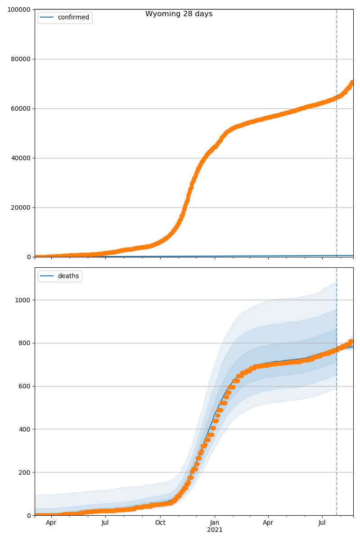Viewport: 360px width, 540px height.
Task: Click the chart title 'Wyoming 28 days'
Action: tap(179, 14)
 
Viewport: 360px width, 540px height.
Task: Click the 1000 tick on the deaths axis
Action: tap(23, 300)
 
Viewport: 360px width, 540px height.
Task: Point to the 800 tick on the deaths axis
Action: tap(25, 343)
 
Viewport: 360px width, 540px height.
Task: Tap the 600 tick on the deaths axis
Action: tap(25, 386)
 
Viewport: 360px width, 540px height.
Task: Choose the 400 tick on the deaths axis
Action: tap(25, 429)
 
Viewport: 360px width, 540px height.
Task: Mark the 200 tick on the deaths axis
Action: tap(25, 472)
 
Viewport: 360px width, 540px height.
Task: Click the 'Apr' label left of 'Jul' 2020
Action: tap(51, 523)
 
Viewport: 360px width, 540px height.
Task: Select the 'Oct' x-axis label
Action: tap(160, 523)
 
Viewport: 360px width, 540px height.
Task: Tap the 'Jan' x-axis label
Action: tap(215, 523)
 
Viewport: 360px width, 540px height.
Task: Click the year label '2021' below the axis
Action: tap(215, 530)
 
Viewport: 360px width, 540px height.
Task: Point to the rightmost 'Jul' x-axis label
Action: tap(322, 523)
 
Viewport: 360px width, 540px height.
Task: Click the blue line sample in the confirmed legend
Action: tap(47, 18)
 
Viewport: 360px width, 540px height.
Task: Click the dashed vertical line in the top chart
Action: tap(337, 135)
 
